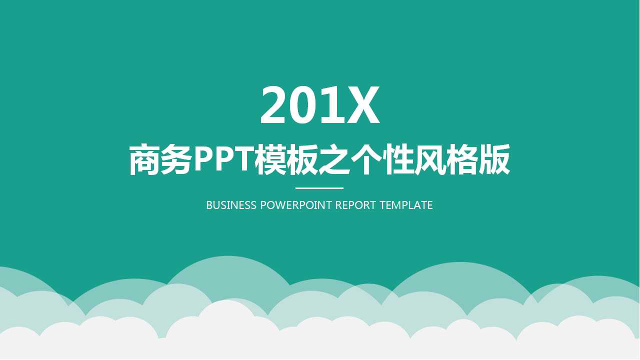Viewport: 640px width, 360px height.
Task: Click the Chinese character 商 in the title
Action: pyautogui.click(x=145, y=159)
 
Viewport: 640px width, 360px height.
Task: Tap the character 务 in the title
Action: pyautogui.click(x=176, y=159)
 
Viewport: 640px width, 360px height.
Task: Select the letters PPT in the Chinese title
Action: pyautogui.click(x=223, y=159)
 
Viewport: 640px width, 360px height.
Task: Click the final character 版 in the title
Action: pyautogui.click(x=493, y=159)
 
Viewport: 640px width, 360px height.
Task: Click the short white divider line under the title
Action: pyautogui.click(x=319, y=188)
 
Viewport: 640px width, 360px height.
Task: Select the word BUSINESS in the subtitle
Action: pyautogui.click(x=231, y=205)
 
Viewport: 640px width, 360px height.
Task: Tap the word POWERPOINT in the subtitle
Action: pyautogui.click(x=296, y=205)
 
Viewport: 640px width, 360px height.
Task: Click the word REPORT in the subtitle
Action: pyautogui.click(x=355, y=205)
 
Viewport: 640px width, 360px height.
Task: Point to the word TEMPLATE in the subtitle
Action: pyautogui.click(x=406, y=205)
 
